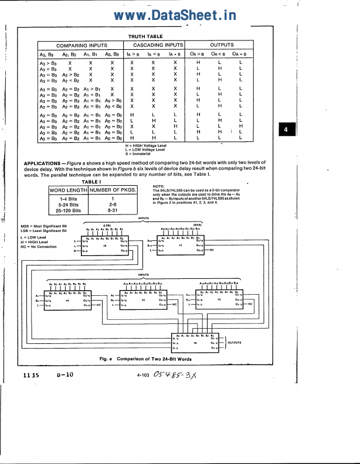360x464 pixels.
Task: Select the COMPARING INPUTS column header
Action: point(81,45)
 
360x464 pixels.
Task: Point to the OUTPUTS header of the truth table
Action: point(222,45)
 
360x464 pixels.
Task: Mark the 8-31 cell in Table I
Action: point(112,210)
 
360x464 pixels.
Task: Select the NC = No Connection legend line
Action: point(39,247)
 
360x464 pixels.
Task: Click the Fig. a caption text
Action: point(145,359)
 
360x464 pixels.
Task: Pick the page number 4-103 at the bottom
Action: point(144,376)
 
